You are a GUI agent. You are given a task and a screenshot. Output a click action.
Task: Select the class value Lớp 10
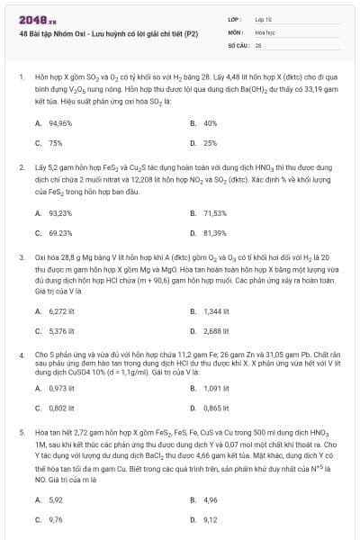tap(264, 18)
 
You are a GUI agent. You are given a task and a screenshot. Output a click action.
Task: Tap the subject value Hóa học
tap(265, 31)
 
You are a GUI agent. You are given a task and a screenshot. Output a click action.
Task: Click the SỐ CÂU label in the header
tap(237, 43)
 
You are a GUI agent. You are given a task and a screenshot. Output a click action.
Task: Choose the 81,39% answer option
tap(215, 232)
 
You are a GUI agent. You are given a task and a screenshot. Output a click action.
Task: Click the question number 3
tap(21, 257)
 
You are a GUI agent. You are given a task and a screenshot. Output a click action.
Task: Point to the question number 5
tap(21, 433)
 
